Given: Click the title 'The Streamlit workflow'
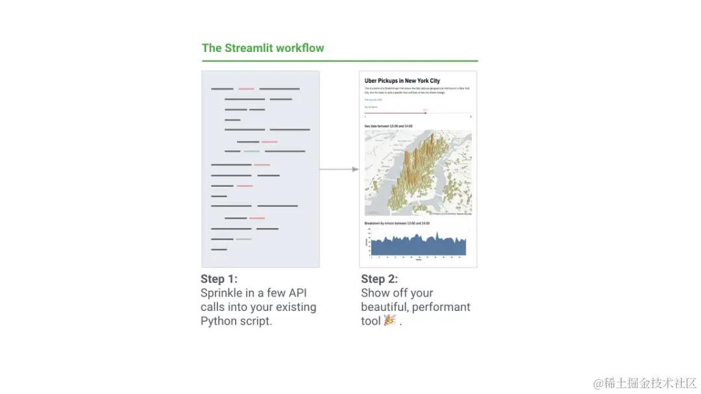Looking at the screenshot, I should click(x=263, y=48).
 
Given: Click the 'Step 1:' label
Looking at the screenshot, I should click(x=219, y=279).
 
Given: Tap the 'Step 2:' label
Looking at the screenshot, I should click(x=380, y=279).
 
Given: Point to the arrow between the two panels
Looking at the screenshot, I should click(x=339, y=169).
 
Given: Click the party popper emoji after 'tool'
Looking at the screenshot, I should click(x=390, y=321).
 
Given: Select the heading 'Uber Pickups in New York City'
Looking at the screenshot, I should click(x=402, y=81).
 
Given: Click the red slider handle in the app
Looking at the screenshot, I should click(x=425, y=113).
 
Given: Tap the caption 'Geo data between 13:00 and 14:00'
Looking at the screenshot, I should click(x=388, y=126).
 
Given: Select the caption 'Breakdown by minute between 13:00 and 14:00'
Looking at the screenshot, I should click(x=397, y=223).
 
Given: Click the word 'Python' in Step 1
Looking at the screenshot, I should click(x=219, y=321).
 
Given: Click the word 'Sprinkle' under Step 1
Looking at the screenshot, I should click(x=223, y=293).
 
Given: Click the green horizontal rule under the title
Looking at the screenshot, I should click(x=339, y=61).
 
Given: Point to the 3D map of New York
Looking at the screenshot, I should click(x=418, y=172).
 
